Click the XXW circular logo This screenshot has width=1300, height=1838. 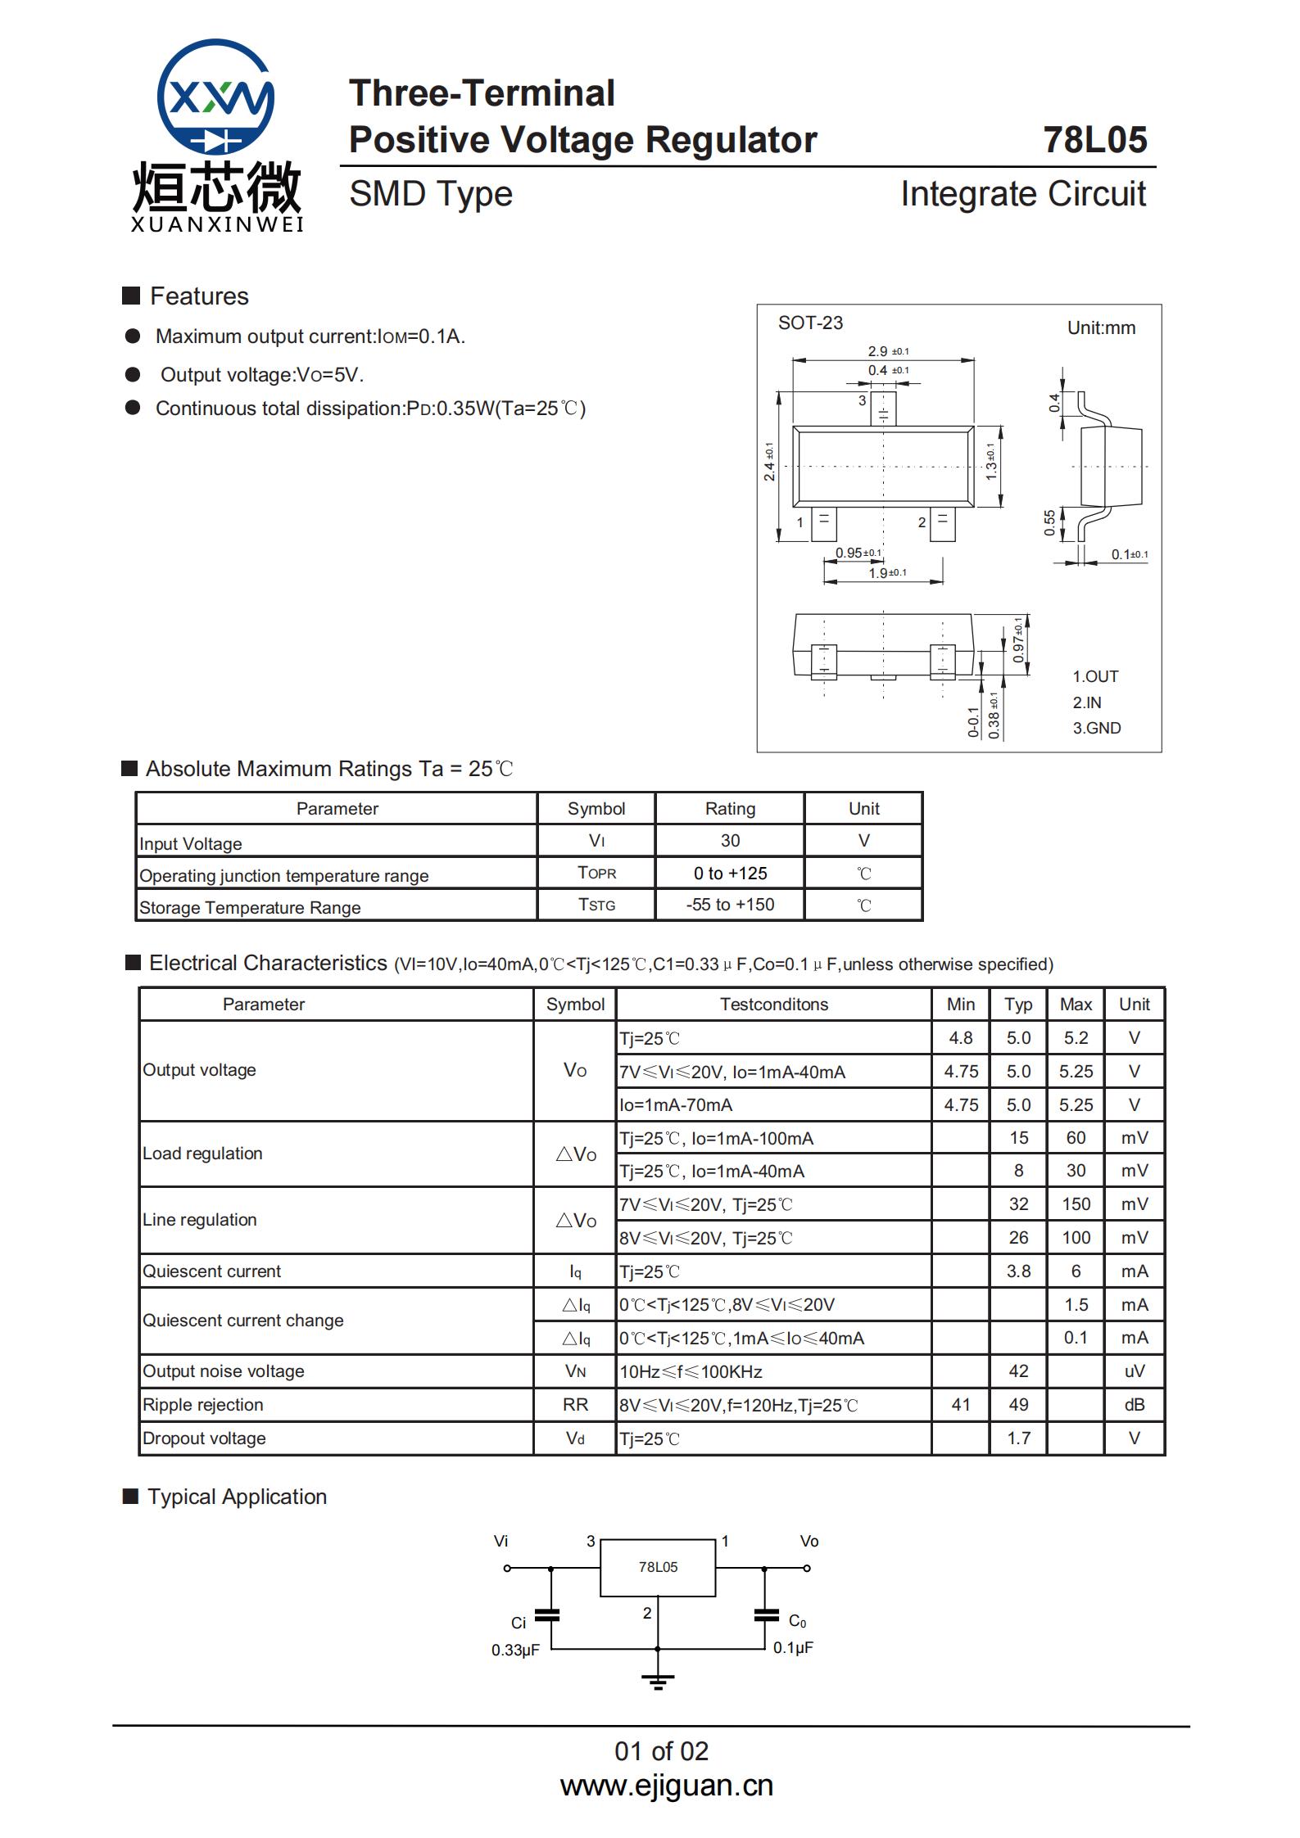[x=215, y=97]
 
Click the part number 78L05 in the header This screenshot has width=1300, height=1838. [x=1094, y=140]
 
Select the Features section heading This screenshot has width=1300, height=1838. [x=199, y=296]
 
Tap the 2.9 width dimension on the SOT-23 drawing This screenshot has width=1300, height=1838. [x=878, y=351]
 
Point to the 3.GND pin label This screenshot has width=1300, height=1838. [x=1096, y=728]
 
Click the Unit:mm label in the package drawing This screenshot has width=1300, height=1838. [x=1100, y=328]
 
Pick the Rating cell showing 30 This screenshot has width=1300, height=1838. [x=730, y=841]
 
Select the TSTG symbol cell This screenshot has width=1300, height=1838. [x=596, y=905]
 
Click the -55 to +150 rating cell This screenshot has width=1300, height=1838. [x=730, y=905]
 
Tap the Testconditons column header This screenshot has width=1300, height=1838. [x=773, y=1005]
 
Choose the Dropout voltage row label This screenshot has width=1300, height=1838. [x=204, y=1438]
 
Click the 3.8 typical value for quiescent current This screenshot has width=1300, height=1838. [x=1018, y=1271]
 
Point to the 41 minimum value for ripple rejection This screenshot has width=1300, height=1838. [x=960, y=1405]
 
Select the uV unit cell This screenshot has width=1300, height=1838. [x=1134, y=1371]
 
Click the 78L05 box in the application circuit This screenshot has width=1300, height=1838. [x=658, y=1567]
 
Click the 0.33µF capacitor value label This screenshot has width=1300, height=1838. [x=515, y=1651]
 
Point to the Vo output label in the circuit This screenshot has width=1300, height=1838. [x=809, y=1542]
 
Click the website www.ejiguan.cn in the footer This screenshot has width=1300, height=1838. [x=666, y=1786]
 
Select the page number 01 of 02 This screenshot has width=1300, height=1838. [x=661, y=1751]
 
